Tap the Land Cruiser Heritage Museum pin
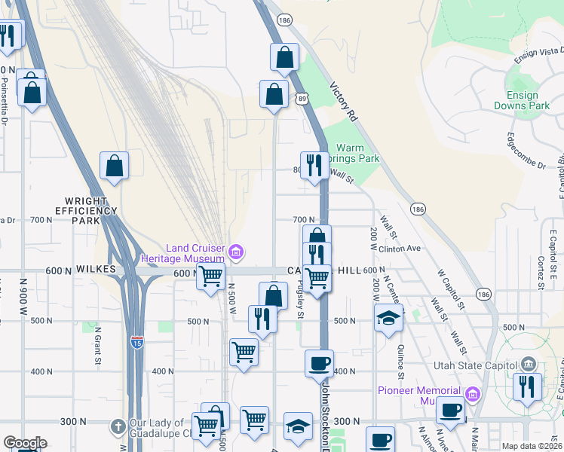(236, 250)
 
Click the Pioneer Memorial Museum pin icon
(472, 392)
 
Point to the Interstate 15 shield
(136, 341)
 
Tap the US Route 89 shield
(302, 98)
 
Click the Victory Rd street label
(342, 102)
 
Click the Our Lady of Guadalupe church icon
(117, 426)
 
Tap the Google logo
(25, 443)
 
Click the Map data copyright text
(532, 446)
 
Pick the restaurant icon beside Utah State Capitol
(526, 386)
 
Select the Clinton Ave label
(399, 248)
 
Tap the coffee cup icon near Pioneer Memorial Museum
(451, 411)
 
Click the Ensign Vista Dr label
(538, 50)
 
